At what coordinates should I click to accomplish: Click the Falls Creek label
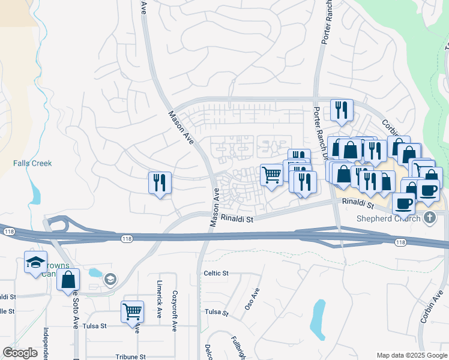32,163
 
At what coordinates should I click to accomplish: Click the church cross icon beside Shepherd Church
429,217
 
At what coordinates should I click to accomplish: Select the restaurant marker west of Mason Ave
160,182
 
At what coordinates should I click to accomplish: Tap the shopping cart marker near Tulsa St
132,311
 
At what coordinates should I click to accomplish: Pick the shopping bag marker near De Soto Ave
68,279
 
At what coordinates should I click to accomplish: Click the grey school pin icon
109,279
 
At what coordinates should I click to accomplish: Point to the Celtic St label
217,274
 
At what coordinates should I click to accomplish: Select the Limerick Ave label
159,307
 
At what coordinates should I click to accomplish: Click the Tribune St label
131,356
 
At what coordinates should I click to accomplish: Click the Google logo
20,353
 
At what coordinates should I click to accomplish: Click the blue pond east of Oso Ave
318,317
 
